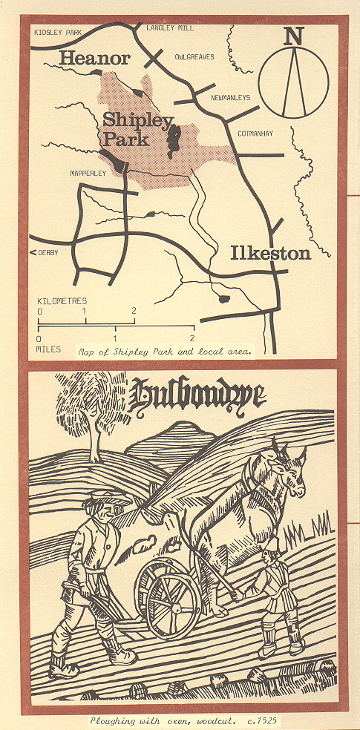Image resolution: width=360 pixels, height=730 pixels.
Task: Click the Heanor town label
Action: coord(94,58)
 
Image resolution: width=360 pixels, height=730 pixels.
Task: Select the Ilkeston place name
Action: coord(269,253)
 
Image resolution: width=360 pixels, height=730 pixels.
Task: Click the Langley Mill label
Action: coord(169,27)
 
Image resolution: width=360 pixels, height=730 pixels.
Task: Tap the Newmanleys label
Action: coord(232,97)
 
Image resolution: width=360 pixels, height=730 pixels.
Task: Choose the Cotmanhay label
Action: coord(255,134)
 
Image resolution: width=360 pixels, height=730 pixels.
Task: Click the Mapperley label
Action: coord(89,173)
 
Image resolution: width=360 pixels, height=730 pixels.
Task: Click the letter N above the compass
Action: coord(295,35)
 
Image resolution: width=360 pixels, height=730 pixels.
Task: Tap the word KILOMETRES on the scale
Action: coord(62,301)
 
